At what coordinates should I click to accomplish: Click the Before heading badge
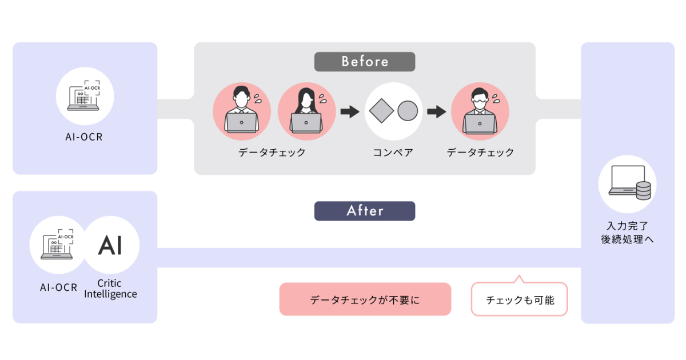click(x=365, y=62)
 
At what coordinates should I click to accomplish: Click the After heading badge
click(x=365, y=211)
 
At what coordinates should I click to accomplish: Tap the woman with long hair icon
click(x=306, y=111)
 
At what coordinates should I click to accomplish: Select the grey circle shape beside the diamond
click(x=408, y=110)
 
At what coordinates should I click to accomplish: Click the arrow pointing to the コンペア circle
click(x=349, y=111)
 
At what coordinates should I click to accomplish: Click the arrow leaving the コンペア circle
click(x=436, y=111)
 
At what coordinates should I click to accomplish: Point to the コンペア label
click(x=393, y=153)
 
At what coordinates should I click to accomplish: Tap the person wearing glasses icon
click(x=480, y=111)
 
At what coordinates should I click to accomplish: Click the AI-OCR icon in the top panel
click(x=85, y=96)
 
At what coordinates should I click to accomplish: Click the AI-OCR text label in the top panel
click(x=84, y=138)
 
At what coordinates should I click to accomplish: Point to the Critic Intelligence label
click(x=110, y=289)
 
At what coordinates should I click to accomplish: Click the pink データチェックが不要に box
click(x=365, y=299)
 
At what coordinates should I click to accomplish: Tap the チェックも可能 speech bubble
click(x=519, y=299)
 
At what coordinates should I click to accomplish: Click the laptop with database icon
click(x=627, y=183)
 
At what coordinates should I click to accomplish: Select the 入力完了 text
click(x=627, y=226)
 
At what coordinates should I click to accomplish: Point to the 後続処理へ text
click(x=627, y=239)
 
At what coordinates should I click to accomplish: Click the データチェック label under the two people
click(x=272, y=153)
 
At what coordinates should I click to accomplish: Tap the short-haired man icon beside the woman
click(x=241, y=111)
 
